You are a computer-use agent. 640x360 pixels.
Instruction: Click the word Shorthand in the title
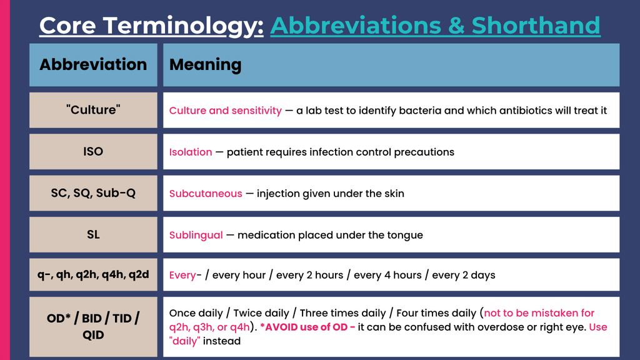coord(536,25)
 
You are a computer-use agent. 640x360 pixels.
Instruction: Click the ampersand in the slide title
coord(456,25)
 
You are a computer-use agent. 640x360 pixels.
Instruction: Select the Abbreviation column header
coord(93,65)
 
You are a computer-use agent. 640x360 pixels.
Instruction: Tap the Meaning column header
coord(391,65)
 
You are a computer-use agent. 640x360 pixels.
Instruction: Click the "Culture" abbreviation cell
coord(93,110)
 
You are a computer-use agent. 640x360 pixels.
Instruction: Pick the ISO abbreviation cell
coord(93,151)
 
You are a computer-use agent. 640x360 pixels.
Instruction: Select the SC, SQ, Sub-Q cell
coord(93,193)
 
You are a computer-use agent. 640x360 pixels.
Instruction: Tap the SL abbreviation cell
coord(93,235)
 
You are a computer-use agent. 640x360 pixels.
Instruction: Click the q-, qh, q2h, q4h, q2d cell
coord(93,275)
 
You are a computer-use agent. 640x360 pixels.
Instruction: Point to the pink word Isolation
coord(191,152)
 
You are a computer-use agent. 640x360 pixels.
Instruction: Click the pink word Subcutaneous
coord(206,194)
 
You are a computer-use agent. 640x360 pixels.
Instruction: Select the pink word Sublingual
coord(196,235)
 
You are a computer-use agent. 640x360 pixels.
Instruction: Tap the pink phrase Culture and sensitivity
coord(225,111)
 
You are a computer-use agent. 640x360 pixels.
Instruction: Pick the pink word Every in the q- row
coord(182,275)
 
